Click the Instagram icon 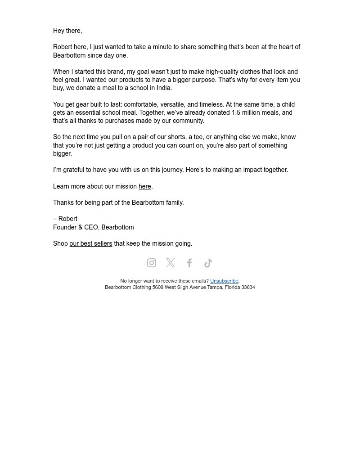pos(152,263)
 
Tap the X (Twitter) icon pos(171,263)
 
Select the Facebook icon pos(189,263)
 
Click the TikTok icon pos(208,263)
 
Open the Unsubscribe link pos(224,281)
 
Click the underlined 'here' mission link pos(144,186)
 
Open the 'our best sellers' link pos(90,243)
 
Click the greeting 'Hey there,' pos(67,31)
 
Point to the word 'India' pos(163,88)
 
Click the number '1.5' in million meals pos(236,112)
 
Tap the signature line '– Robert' pos(65,219)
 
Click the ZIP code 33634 pos(248,287)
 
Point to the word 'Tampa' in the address pos(215,287)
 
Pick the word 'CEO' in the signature pos(91,227)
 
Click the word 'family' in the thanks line pos(174,202)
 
